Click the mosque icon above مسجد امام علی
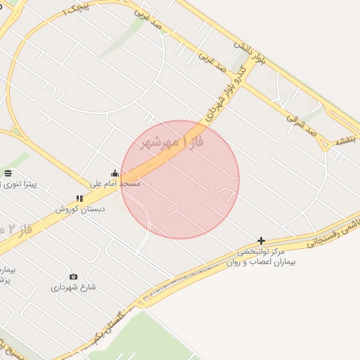coord(115,173)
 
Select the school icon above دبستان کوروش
coord(79,199)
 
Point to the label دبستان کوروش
coord(79,209)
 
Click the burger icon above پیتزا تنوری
coord(8,173)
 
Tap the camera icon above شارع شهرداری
coord(74,276)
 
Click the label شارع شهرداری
coord(73,287)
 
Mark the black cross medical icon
coord(262,240)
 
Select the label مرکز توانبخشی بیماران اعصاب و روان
coord(262,257)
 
